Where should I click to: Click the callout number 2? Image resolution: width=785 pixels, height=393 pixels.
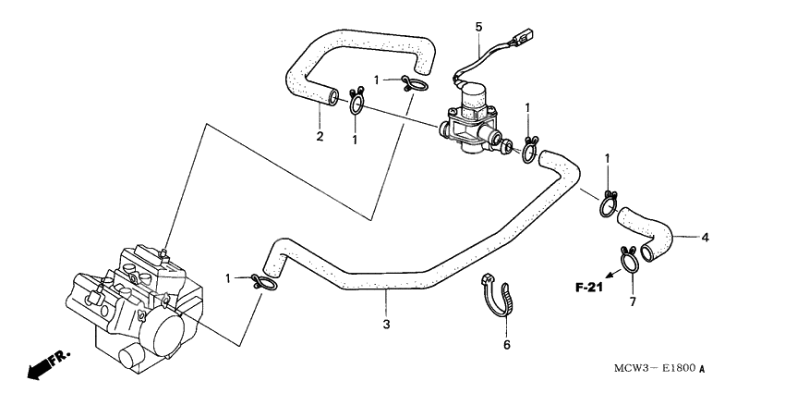point(320,138)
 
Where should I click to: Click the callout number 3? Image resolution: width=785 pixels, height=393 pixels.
point(387,324)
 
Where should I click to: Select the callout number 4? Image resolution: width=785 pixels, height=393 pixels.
point(705,238)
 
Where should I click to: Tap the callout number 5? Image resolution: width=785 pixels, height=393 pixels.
point(478,27)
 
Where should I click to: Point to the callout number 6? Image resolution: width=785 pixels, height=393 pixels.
point(506,345)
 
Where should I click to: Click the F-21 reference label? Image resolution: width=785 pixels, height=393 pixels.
point(589,288)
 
